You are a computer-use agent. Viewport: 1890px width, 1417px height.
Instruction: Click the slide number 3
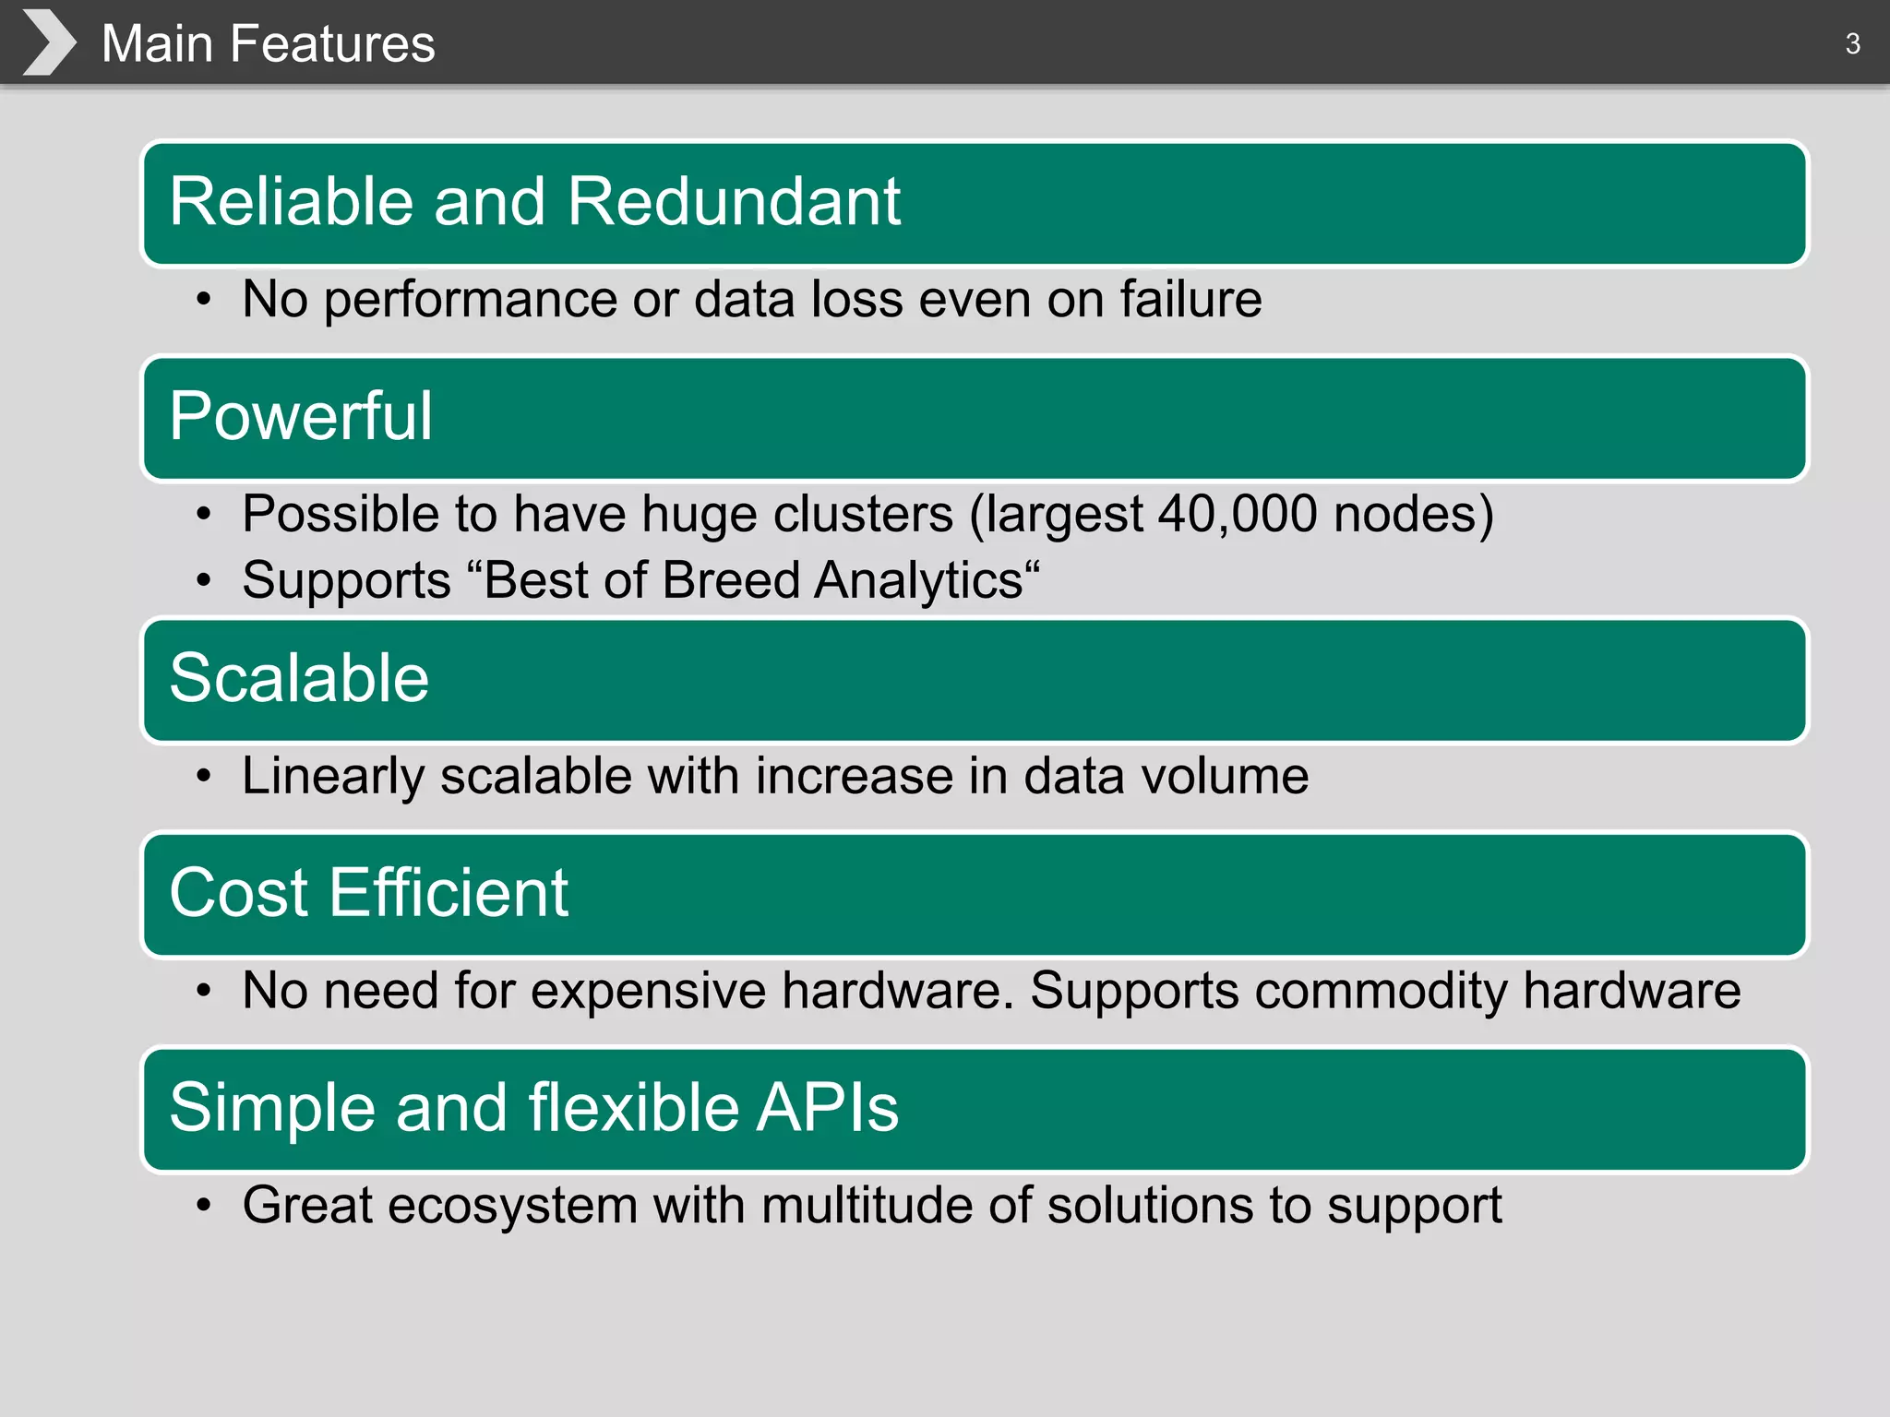[1852, 43]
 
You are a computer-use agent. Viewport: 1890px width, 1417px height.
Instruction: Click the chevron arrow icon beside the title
[49, 42]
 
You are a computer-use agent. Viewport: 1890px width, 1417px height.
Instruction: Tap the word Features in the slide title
[332, 43]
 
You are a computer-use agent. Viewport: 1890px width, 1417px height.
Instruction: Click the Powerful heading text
[301, 416]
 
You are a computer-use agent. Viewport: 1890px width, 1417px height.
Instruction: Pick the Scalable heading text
[299, 678]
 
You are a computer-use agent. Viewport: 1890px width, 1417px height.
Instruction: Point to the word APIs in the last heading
[827, 1107]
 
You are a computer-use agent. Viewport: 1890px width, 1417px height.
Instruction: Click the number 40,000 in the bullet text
[1238, 513]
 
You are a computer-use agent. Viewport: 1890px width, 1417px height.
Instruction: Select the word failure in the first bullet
[1190, 299]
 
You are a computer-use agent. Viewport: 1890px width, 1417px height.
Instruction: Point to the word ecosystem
[512, 1206]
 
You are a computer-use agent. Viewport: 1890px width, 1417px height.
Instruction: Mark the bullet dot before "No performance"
[204, 300]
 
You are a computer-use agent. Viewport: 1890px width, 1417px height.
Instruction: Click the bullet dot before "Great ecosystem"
[204, 1206]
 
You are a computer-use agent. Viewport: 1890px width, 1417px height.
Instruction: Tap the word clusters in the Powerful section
[863, 513]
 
